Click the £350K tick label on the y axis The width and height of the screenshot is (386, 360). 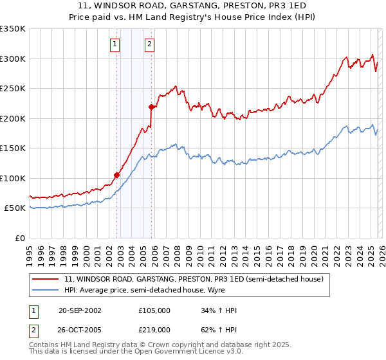(13, 29)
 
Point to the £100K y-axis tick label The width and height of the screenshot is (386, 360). (13, 179)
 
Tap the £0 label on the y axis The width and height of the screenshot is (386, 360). (19, 239)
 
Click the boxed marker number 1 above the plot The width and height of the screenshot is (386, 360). (115, 44)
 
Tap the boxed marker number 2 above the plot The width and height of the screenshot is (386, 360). (149, 44)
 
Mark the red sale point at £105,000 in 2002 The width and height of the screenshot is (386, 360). (117, 175)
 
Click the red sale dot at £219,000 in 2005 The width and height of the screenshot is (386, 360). (152, 107)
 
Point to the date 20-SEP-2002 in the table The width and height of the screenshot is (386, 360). (80, 310)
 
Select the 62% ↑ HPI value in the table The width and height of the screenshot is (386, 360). (219, 329)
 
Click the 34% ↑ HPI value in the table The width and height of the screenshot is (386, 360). (219, 310)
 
